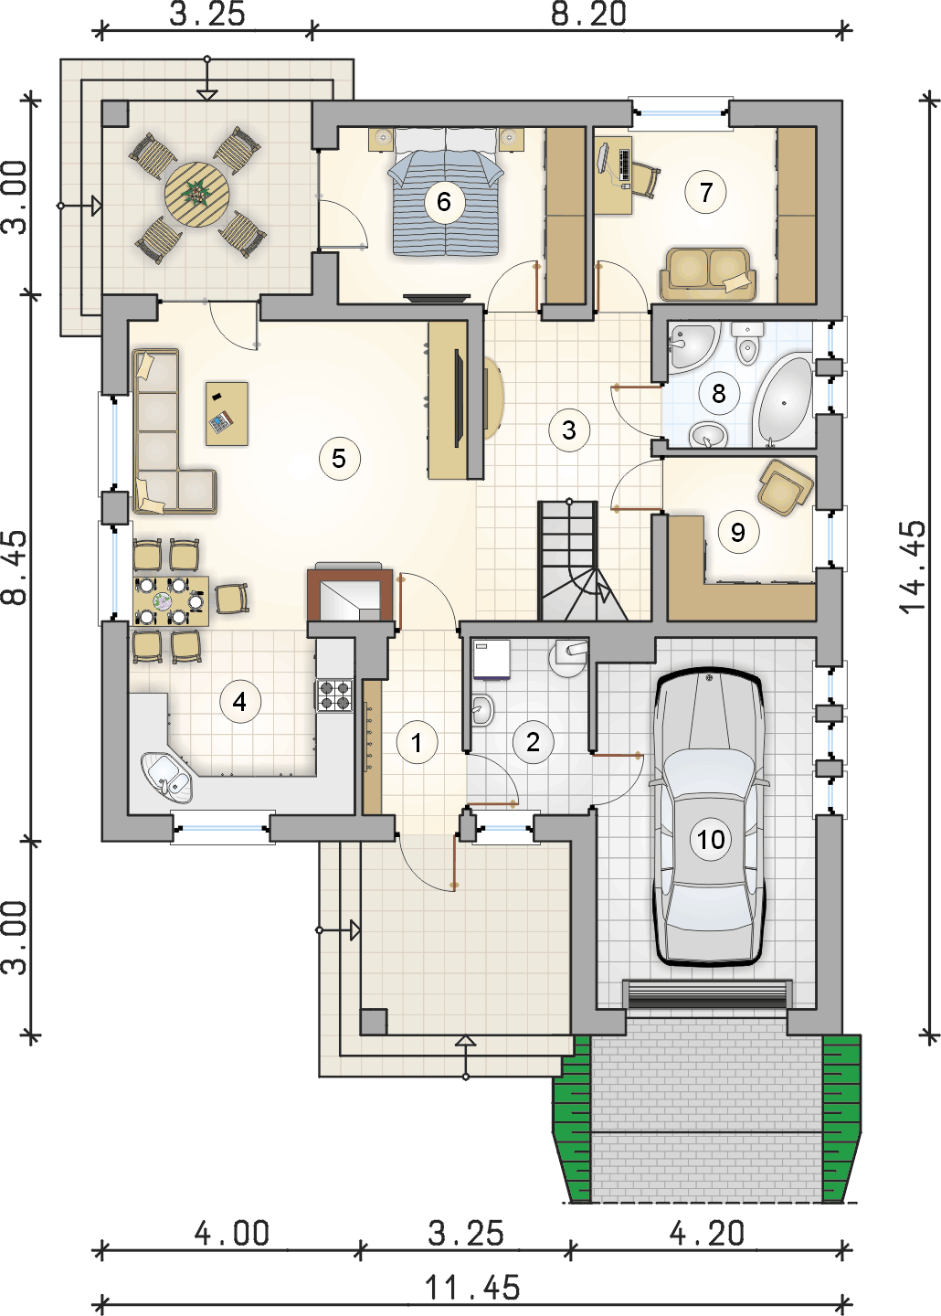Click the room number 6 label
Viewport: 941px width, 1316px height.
(443, 201)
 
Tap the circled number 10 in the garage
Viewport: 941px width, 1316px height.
(710, 840)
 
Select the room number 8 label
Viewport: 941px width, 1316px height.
(718, 393)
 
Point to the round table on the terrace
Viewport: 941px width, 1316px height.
(196, 193)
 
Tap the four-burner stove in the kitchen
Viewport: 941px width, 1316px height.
(334, 696)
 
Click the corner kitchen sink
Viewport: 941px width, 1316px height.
(166, 777)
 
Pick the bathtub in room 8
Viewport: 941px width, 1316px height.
(782, 400)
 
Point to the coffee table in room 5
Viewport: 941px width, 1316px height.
(227, 414)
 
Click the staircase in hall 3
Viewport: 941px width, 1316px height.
(583, 560)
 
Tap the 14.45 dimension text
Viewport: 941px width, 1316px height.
(912, 568)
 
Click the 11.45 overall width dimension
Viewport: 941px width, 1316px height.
(472, 1289)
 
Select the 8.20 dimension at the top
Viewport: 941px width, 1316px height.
(588, 15)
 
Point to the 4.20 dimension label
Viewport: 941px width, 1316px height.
(707, 1233)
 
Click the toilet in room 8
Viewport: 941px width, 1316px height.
(746, 343)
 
